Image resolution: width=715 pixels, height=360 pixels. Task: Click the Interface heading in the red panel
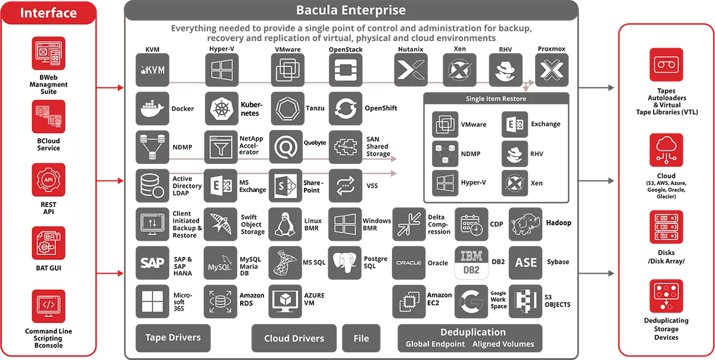coord(48,13)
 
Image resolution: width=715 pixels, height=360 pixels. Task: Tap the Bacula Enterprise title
coord(351,10)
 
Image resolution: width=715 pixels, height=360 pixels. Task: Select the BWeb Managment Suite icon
coord(48,54)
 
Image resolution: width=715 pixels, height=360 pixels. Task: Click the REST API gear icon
coord(48,179)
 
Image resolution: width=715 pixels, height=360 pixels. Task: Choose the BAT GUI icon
coord(48,243)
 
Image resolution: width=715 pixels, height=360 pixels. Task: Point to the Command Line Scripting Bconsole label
coord(48,338)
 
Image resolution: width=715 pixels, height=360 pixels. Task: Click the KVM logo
coord(153,70)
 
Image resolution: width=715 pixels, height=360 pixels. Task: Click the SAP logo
coord(153,262)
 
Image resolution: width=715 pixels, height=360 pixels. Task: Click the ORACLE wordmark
coord(409,263)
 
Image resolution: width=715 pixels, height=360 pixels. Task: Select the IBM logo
coord(472,256)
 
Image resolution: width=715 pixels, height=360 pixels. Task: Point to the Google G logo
coord(472,301)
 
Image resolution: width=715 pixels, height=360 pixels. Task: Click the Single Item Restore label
coord(496,99)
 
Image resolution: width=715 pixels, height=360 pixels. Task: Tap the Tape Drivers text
coord(173,337)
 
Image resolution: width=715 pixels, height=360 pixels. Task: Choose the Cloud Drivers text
coord(294,339)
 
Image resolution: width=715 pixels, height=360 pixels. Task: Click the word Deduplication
coord(472,332)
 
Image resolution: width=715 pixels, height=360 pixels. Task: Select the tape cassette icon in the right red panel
coord(666,64)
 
